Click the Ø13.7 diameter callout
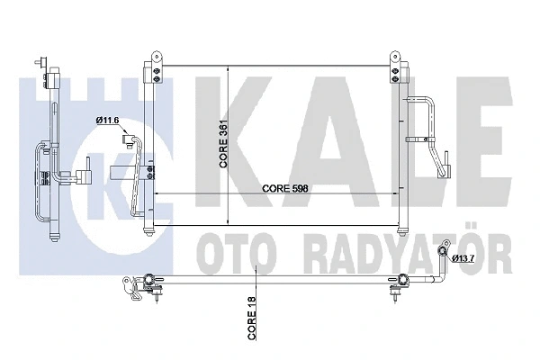point(464,260)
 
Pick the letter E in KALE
point(459,130)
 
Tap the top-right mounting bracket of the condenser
point(392,66)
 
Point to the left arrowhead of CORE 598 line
point(158,194)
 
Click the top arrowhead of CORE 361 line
point(228,71)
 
